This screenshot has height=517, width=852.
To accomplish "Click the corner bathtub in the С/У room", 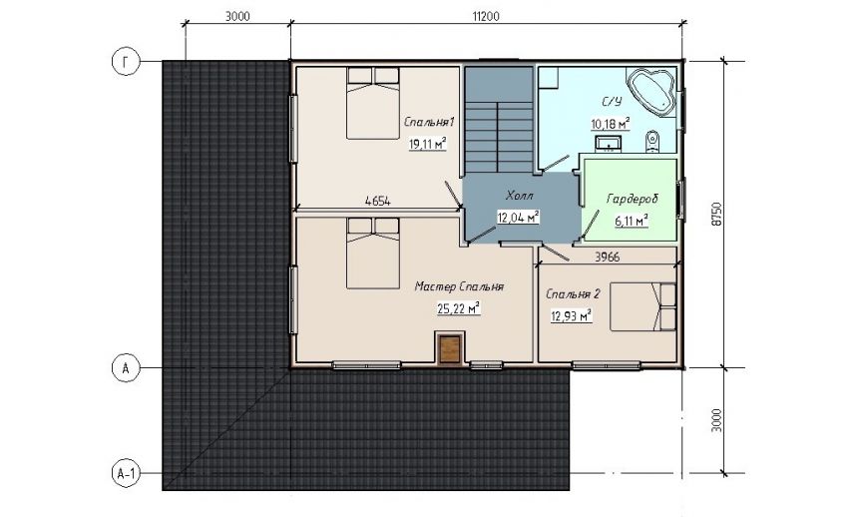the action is pos(651,92).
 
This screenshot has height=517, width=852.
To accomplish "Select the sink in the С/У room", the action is pos(609,144).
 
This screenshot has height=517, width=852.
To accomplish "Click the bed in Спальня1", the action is pos(373,103).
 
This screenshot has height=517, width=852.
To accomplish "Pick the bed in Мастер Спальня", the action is pos(373,254).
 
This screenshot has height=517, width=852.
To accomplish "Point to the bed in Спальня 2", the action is pos(642,306).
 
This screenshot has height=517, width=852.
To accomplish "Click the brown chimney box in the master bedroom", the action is pos(450,348).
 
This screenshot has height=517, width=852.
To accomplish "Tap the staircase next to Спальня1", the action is pos(499,120).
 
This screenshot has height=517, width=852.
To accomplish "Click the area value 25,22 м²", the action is pos(459,308).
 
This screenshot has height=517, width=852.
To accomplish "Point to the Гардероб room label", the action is pos(632,199).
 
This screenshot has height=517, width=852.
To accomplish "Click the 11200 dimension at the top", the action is pos(485,16).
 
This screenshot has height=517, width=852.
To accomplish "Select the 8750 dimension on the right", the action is pos(716,215).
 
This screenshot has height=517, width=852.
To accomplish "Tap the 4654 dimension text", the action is pos(378,201).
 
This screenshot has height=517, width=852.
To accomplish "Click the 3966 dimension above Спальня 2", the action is pos(607,257).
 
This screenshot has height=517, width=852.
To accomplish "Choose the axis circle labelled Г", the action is pos(126,62).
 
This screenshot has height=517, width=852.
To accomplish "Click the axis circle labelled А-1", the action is pos(126,473).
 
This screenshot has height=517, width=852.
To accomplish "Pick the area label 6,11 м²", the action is pos(632,221).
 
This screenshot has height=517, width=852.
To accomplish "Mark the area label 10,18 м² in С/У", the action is pos(611,125).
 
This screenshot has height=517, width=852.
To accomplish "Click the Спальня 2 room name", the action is pos(573,294).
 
